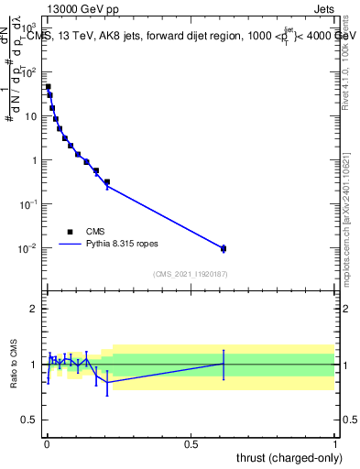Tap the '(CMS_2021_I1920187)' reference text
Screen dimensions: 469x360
click(191, 274)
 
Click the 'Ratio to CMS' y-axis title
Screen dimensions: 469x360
click(14, 364)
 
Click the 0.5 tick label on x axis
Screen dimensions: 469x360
click(191, 443)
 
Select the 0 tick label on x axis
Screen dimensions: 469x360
click(47, 443)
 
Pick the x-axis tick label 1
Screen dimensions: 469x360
click(335, 443)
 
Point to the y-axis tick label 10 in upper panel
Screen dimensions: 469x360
click(32, 116)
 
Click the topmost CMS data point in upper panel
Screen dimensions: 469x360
click(48, 87)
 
